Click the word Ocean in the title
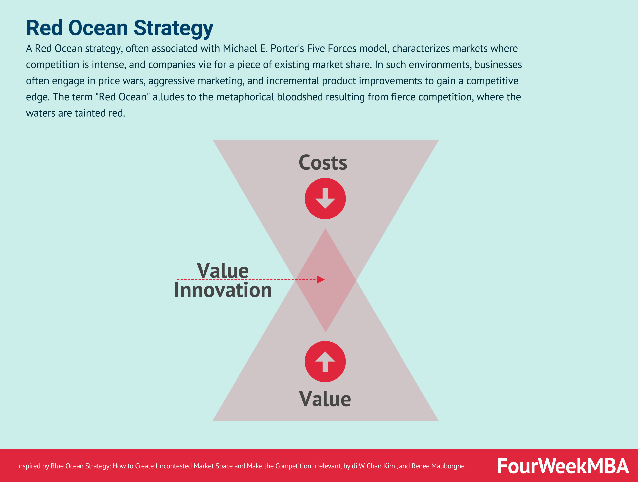pos(98,28)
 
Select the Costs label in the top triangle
pos(323,162)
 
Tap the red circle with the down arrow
pos(325,199)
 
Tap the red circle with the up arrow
pos(325,362)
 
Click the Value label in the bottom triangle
pos(325,399)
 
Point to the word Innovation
pos(223,290)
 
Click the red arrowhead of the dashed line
pos(320,279)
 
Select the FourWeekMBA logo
pos(563,466)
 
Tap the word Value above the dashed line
pos(223,271)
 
